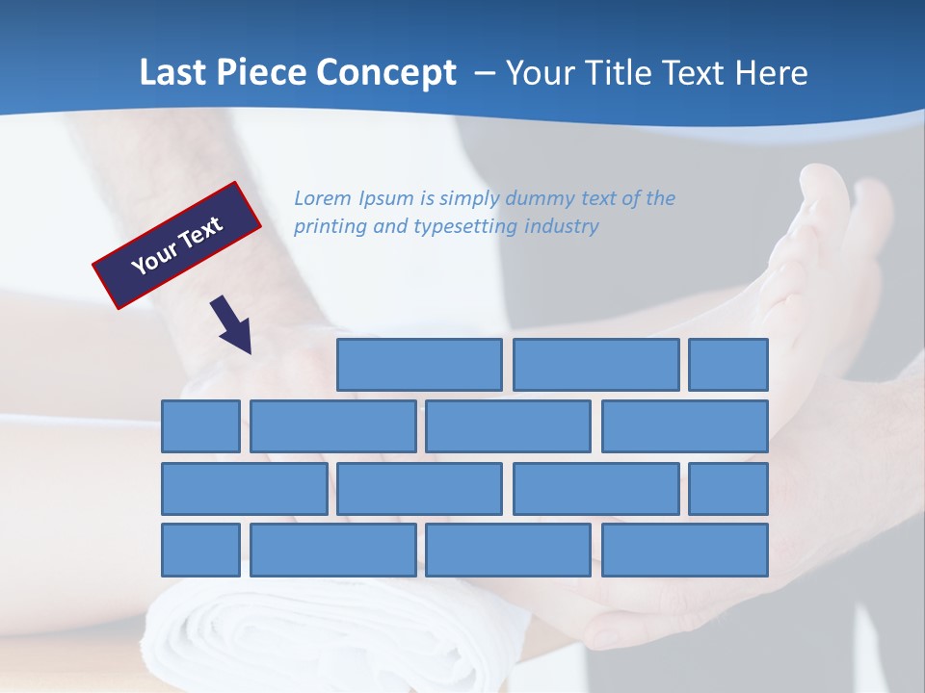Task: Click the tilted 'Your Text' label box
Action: pyautogui.click(x=177, y=245)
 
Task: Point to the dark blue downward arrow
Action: pyautogui.click(x=232, y=324)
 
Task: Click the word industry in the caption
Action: pyautogui.click(x=562, y=226)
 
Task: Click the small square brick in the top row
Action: pyautogui.click(x=728, y=365)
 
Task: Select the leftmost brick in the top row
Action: pyautogui.click(x=419, y=365)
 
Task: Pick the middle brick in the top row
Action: pyautogui.click(x=595, y=365)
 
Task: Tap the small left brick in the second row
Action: pyautogui.click(x=200, y=426)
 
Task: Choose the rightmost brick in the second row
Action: pyautogui.click(x=685, y=426)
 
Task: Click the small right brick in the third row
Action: pyautogui.click(x=728, y=489)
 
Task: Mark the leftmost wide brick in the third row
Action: pyautogui.click(x=244, y=489)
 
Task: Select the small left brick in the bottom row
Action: pyautogui.click(x=200, y=551)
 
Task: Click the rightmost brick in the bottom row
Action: pyautogui.click(x=685, y=551)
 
